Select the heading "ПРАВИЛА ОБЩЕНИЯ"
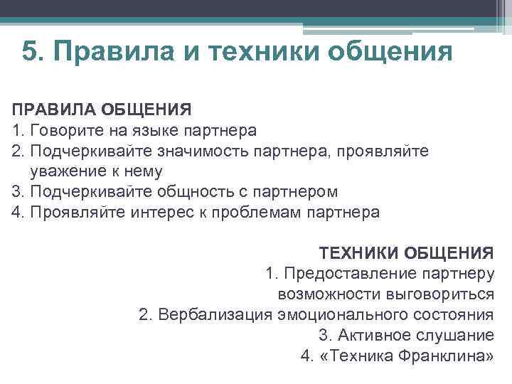[x=102, y=110]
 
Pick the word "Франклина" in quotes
[x=447, y=356]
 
